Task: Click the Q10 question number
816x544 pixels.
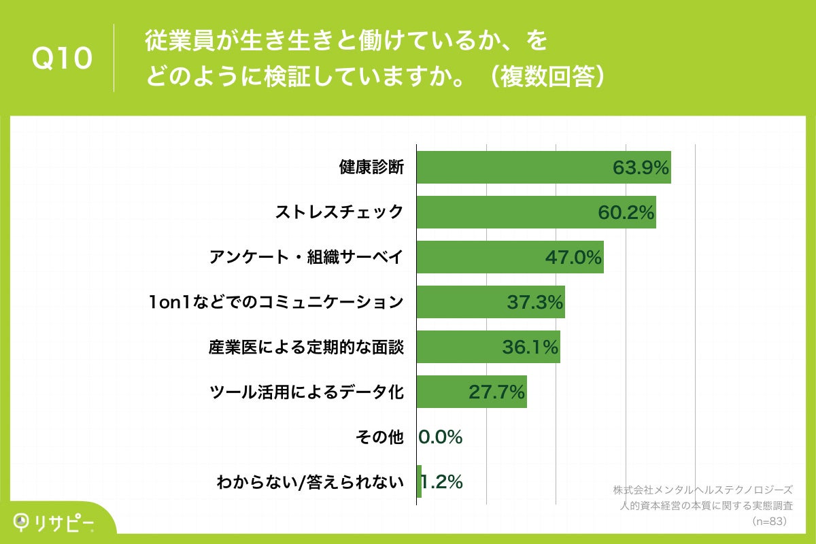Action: [x=62, y=60]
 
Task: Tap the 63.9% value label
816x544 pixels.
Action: [x=641, y=167]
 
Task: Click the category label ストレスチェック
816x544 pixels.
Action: [x=339, y=212]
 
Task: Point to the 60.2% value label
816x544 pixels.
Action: [x=626, y=212]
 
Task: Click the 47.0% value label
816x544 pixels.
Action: [x=574, y=257]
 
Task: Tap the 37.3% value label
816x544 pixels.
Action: [x=535, y=302]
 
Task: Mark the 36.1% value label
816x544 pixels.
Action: [x=530, y=347]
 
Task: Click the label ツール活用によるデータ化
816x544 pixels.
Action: [x=306, y=392]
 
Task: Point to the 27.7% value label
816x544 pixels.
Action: [x=497, y=392]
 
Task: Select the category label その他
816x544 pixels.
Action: [x=379, y=437]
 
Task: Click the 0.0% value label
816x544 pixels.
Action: [x=441, y=437]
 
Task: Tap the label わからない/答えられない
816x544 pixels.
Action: [x=310, y=482]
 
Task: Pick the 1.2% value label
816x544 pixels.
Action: [x=442, y=482]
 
